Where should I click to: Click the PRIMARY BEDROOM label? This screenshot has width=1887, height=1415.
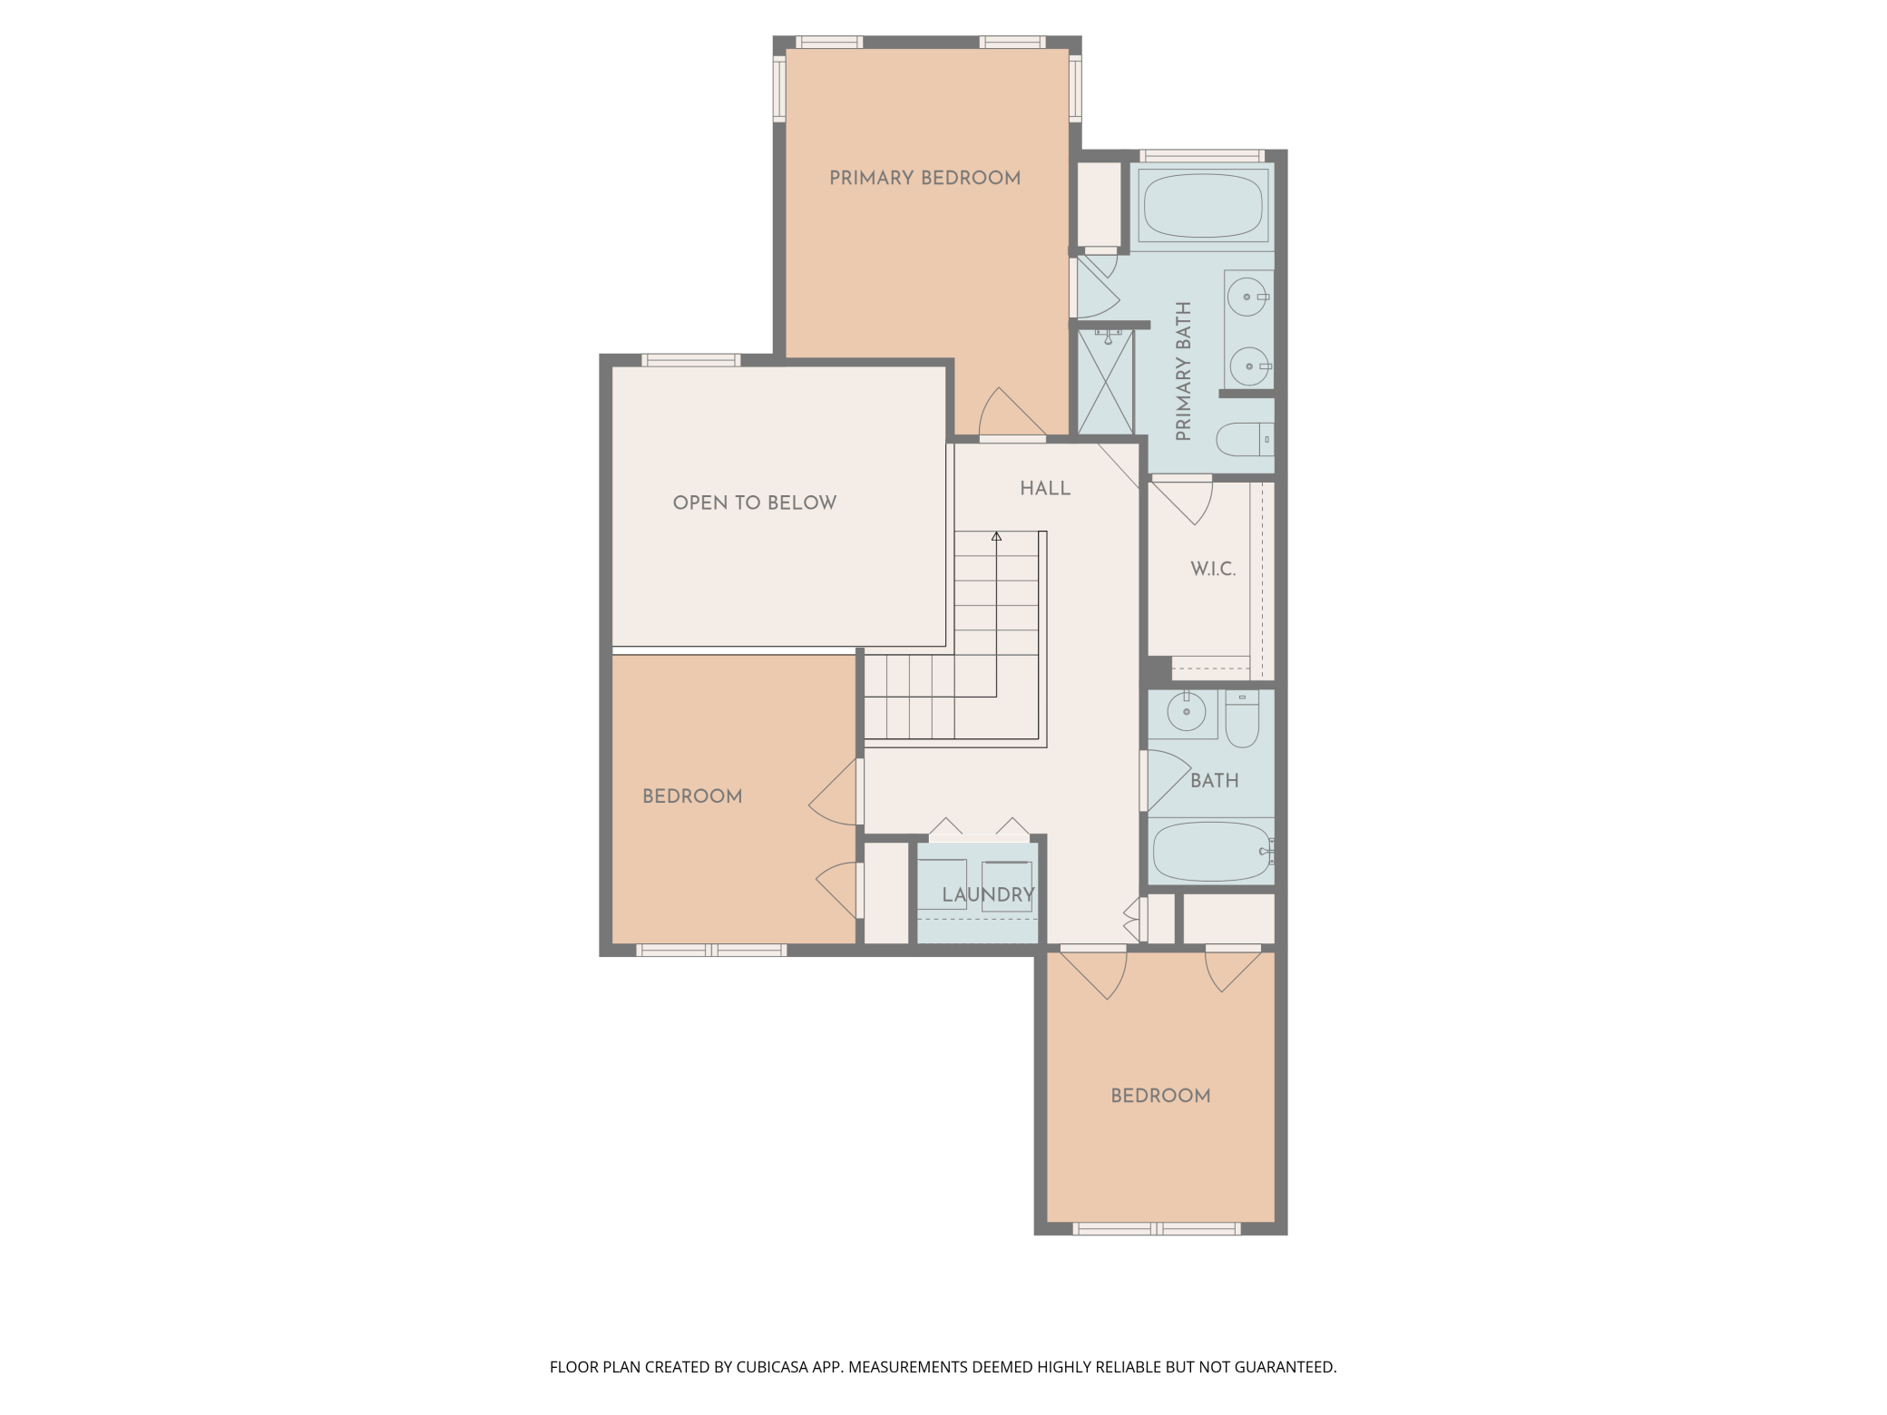924,178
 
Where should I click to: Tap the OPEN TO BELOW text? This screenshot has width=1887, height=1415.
754,503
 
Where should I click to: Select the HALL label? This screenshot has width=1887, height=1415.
1045,488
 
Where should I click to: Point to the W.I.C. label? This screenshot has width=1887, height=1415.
1213,569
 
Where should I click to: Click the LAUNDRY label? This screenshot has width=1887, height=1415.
988,894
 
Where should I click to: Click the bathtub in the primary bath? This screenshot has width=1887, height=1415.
1203,206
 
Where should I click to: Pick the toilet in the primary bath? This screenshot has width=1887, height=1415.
1243,439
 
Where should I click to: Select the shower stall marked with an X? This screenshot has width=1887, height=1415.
1106,383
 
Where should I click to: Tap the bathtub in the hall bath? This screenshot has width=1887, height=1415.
1211,852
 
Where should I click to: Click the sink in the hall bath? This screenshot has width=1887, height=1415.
1186,711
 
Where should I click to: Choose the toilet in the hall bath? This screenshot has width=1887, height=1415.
1242,719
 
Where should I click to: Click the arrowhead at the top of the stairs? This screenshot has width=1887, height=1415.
996,537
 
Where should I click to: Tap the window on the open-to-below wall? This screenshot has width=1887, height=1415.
691,360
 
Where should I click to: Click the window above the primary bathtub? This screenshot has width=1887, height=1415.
1202,156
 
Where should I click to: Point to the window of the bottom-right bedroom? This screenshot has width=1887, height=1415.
1157,1229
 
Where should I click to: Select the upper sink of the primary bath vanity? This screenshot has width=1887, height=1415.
1247,297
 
